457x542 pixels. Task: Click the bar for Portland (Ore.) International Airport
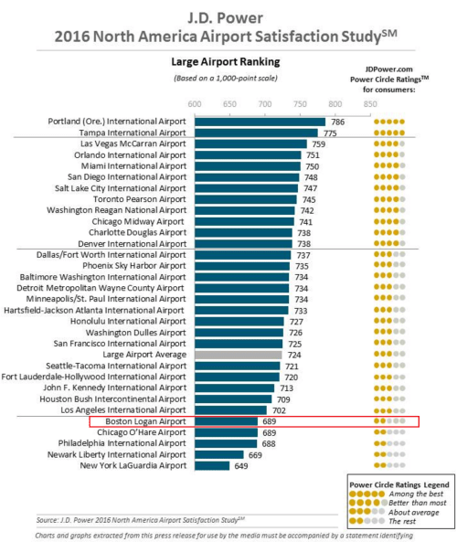click(x=260, y=122)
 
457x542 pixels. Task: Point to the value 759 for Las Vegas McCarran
click(x=318, y=144)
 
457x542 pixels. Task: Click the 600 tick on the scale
click(x=195, y=103)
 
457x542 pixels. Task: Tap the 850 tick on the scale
click(x=368, y=103)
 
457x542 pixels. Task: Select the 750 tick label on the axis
click(x=299, y=103)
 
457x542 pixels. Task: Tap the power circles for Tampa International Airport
click(x=388, y=133)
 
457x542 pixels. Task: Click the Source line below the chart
click(x=142, y=520)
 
